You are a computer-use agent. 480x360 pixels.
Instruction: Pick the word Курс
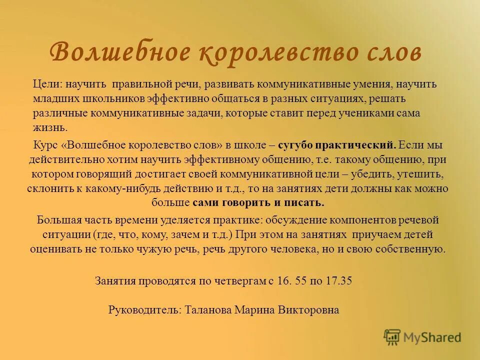tap(46, 145)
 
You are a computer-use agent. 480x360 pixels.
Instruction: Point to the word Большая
tap(56, 219)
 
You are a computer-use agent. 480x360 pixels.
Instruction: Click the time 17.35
tap(338, 280)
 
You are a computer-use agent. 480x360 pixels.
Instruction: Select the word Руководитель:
tap(145, 310)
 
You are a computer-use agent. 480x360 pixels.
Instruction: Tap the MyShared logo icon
tap(392, 337)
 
